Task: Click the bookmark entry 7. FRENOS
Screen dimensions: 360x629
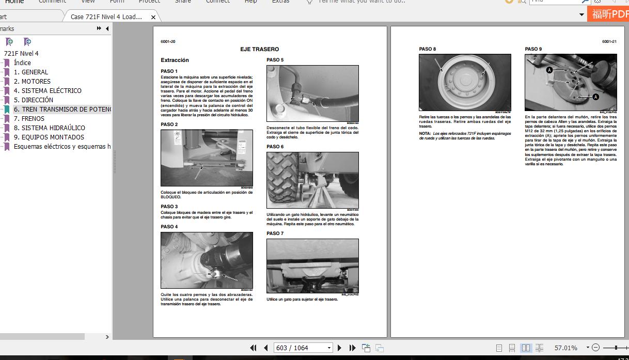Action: [x=33, y=118]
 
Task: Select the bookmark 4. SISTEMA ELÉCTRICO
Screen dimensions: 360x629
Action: [x=51, y=90]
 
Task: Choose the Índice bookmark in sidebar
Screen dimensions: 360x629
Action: [x=22, y=62]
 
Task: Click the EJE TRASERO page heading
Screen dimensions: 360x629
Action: [x=259, y=49]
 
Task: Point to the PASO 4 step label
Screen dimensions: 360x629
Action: [x=169, y=227]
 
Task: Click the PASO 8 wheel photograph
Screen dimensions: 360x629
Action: [x=465, y=82]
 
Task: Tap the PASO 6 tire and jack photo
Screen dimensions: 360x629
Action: [x=312, y=180]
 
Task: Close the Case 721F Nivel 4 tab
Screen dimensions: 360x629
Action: [x=153, y=17]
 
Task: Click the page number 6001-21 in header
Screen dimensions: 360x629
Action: [x=609, y=41]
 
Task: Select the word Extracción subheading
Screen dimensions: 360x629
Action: [x=175, y=60]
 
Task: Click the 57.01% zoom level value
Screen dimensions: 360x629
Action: [x=565, y=348]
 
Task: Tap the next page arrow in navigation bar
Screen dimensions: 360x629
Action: [x=339, y=348]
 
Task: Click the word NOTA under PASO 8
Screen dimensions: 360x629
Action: [x=424, y=133]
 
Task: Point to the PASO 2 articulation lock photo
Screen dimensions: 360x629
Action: [x=207, y=158]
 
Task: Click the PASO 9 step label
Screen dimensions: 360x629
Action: [x=533, y=49]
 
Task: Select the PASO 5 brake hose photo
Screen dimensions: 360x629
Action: [x=312, y=93]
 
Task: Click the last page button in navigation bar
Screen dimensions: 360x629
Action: [x=352, y=348]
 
